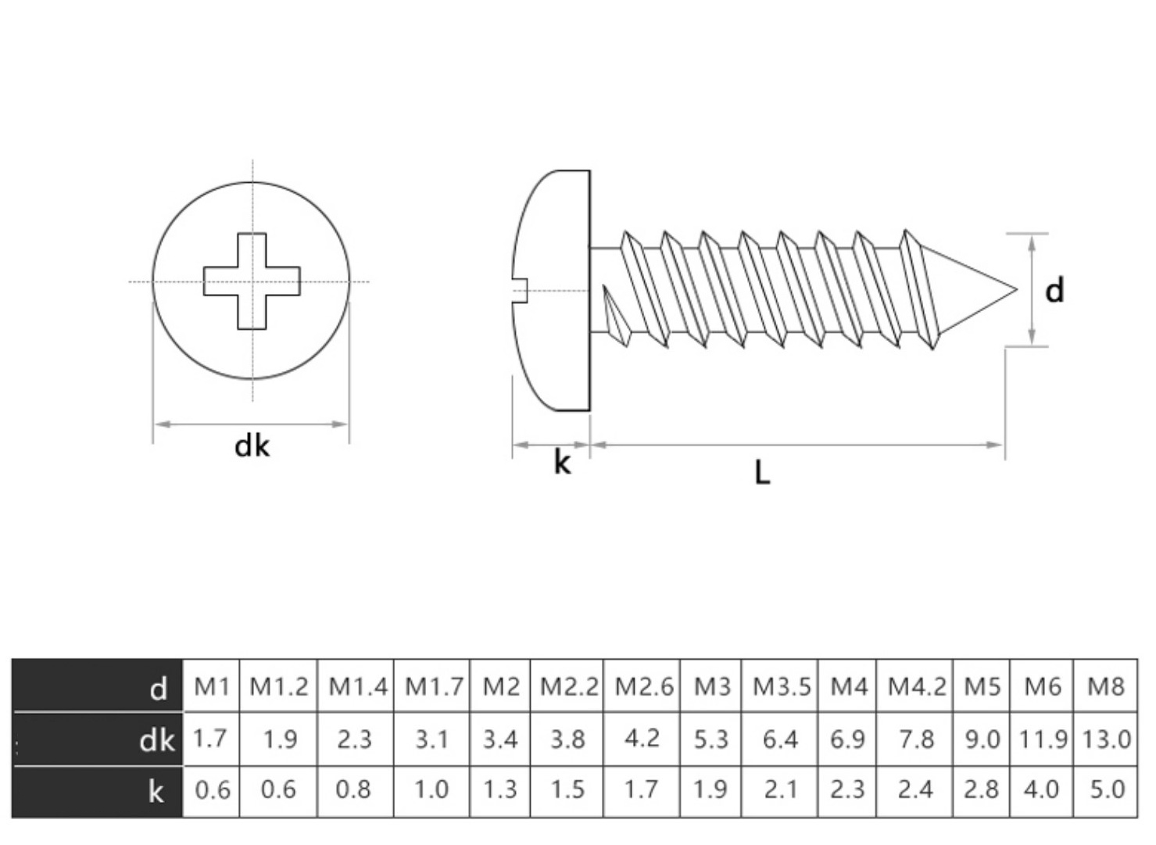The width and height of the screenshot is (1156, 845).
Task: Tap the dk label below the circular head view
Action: (252, 446)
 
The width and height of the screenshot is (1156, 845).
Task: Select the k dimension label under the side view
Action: (562, 463)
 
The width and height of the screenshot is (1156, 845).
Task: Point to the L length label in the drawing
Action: (763, 471)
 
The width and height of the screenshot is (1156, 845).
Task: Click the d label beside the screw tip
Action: (1054, 291)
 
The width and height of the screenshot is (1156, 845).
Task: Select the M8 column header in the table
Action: (1105, 686)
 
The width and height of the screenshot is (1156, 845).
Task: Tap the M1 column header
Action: (211, 686)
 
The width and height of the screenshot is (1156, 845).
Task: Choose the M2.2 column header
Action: (568, 686)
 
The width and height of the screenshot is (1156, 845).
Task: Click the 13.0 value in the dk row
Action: (1106, 739)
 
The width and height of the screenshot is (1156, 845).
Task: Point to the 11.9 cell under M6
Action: (1043, 739)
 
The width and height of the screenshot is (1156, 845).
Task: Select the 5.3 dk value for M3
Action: (710, 739)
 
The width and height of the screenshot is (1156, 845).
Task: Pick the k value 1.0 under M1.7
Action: (431, 790)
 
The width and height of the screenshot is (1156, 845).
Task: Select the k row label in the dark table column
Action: (156, 792)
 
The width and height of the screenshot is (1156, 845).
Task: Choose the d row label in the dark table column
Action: (159, 689)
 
